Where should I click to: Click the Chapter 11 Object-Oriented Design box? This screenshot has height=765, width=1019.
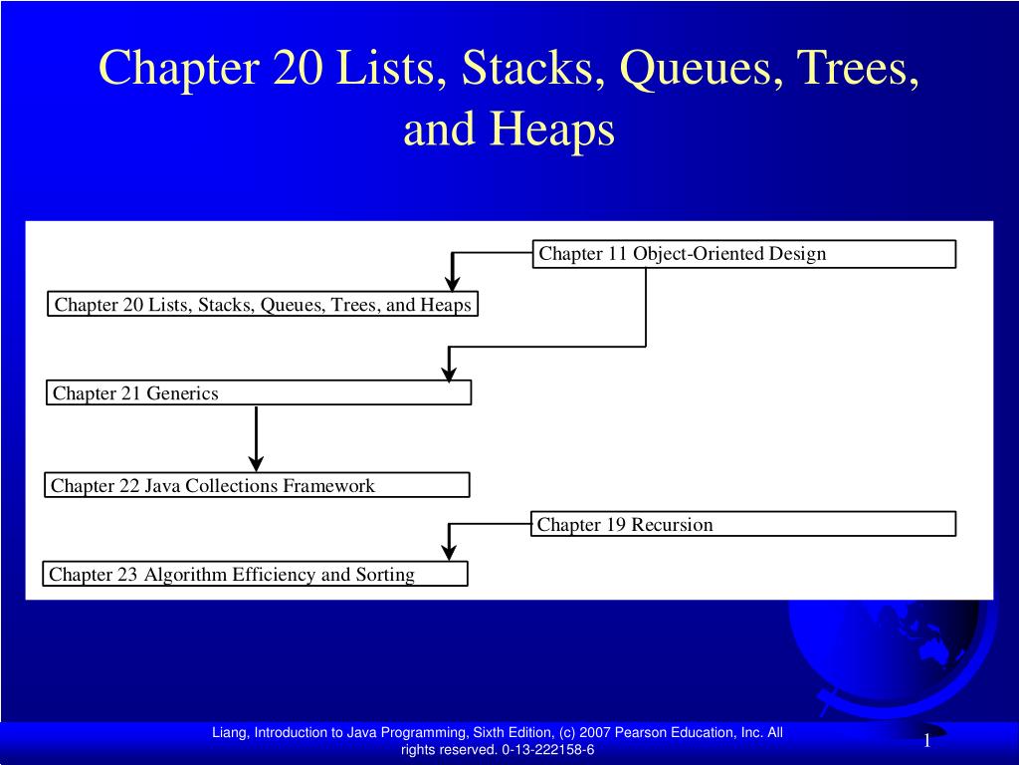(744, 254)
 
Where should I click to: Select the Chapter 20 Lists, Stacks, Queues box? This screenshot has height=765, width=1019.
(263, 304)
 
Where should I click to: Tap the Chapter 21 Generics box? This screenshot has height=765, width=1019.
(259, 393)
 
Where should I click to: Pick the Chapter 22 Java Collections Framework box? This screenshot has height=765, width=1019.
(258, 486)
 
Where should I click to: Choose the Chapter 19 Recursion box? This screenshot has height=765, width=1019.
(744, 524)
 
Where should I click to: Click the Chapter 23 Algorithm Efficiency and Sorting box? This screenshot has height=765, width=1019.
(256, 574)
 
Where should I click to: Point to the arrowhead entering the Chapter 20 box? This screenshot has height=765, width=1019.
(453, 284)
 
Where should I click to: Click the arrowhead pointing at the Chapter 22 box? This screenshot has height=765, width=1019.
(257, 462)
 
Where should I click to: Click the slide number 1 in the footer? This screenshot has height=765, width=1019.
(926, 740)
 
